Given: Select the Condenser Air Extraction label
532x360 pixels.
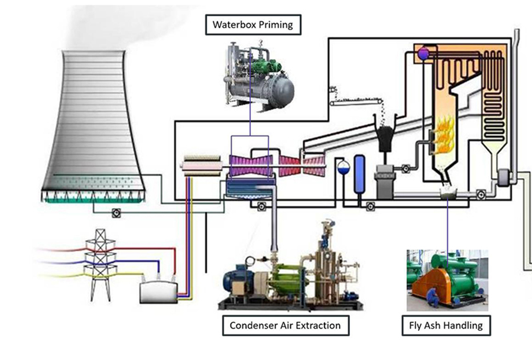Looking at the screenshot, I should (x=285, y=325).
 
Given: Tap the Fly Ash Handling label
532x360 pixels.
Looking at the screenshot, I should (x=446, y=325).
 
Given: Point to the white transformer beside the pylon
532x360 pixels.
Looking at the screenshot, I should (x=159, y=291).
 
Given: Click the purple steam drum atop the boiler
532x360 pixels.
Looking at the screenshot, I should (x=423, y=54).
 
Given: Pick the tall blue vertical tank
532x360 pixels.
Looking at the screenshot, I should (x=359, y=174).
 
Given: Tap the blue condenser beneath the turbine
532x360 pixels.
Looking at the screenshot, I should (x=249, y=189).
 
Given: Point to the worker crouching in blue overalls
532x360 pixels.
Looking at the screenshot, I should (x=433, y=296).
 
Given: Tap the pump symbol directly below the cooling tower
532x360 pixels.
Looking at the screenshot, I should (x=116, y=212).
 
